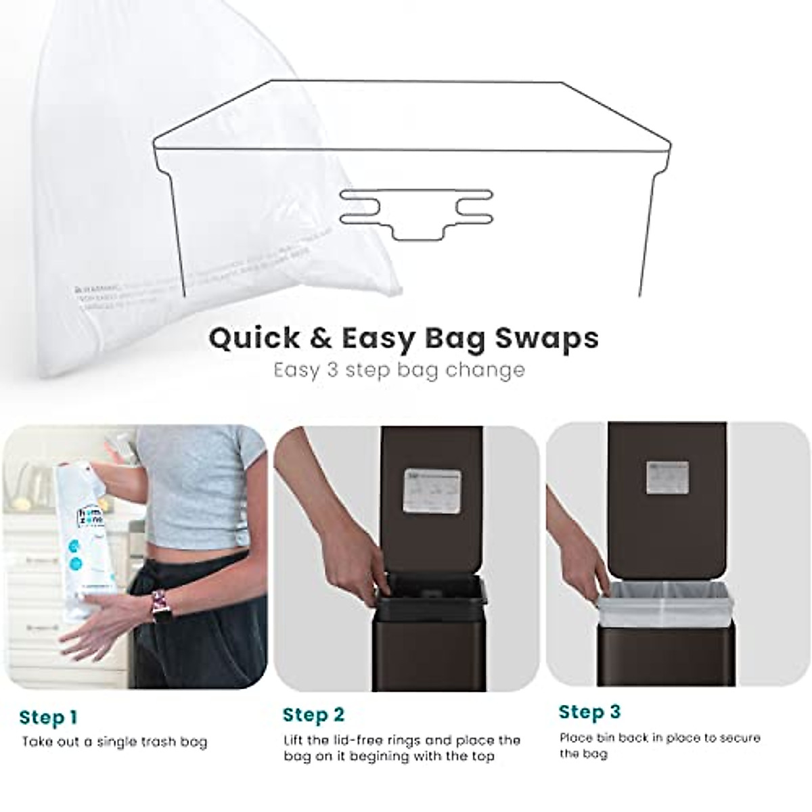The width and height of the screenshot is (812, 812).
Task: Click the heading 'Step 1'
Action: coord(48,717)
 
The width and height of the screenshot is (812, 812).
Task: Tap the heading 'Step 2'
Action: coord(313,715)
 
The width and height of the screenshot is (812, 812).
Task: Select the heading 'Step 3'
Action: coord(589,712)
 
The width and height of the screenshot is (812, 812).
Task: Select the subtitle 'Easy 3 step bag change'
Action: coord(399,370)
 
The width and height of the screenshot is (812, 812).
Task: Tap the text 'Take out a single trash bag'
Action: coord(114,742)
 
